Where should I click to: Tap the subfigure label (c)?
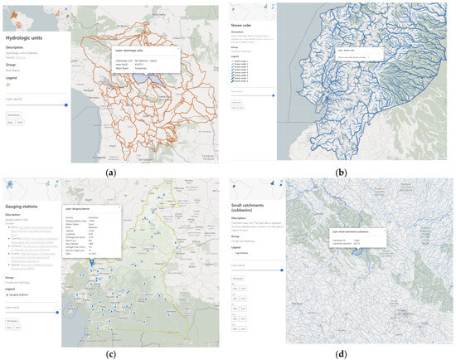click(x=111, y=352)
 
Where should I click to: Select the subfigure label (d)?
click(x=342, y=352)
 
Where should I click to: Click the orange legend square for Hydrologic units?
click(x=8, y=85)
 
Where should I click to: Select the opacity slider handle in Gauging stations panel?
click(x=57, y=312)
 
